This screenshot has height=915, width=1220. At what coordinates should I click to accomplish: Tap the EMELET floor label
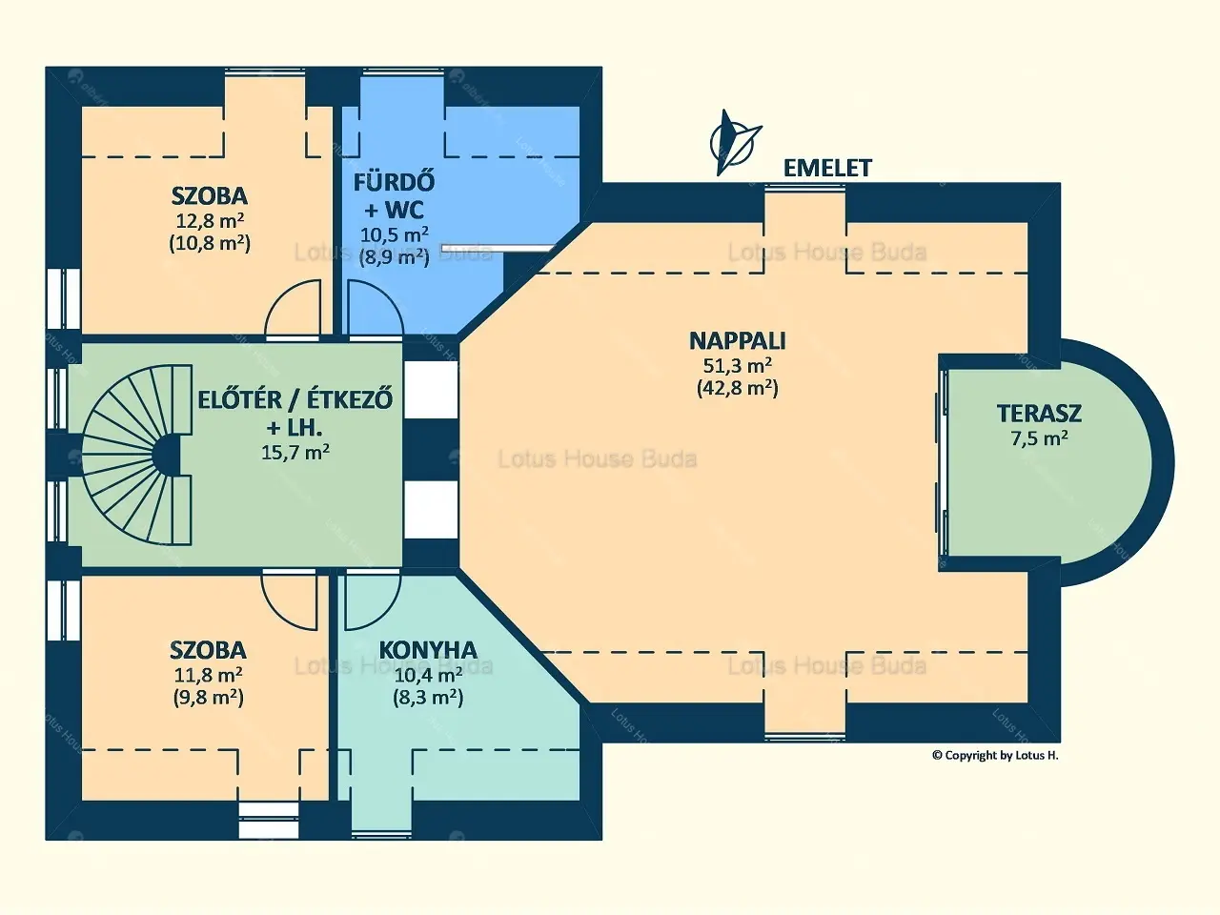[x=827, y=168]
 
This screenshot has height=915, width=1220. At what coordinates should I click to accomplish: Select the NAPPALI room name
[x=738, y=340]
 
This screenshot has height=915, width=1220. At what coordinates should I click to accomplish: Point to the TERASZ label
[x=1039, y=414]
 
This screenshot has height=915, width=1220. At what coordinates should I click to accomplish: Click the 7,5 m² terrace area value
[x=1039, y=438]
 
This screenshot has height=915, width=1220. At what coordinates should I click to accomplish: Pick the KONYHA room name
[x=428, y=649]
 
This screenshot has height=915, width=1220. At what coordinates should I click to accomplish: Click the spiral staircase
[x=137, y=455]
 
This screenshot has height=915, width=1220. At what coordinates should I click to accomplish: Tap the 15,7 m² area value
[x=295, y=452]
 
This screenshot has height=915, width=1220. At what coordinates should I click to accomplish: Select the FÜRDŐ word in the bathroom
[x=394, y=183]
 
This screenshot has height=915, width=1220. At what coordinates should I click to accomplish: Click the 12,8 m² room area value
[x=210, y=220]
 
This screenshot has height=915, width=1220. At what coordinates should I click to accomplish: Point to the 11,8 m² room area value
[x=208, y=675]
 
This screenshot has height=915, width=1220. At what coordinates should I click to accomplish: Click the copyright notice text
[x=995, y=755]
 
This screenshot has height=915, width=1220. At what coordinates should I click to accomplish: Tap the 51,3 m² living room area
[x=738, y=365]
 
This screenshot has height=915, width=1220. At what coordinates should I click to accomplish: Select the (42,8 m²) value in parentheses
[x=738, y=388]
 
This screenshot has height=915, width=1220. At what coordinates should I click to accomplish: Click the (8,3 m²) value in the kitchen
[x=428, y=697]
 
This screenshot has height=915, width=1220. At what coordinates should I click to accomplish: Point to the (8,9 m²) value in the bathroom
[x=394, y=256]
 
